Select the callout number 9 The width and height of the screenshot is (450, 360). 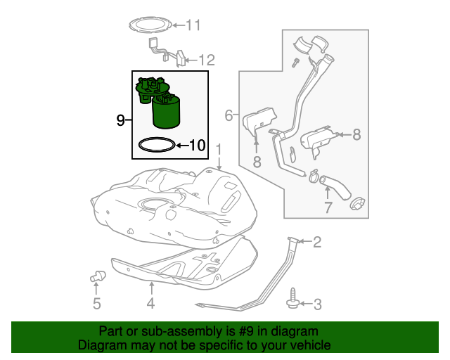pos(120,120)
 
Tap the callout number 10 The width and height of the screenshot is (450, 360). pos(197,146)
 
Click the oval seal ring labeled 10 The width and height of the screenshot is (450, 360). pos(155,146)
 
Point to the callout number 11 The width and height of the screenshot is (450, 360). pos(193,26)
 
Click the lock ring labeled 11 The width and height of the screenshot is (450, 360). pos(151,25)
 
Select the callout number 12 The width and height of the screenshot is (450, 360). pos(205,60)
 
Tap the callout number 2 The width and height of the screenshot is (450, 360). pos(316,243)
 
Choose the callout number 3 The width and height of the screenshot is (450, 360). pos(316,304)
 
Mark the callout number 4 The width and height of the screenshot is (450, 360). pos(150,304)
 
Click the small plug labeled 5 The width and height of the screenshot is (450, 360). pos(96,276)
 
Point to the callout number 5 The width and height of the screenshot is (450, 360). pos(96,304)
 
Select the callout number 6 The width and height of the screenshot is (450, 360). pos(229,115)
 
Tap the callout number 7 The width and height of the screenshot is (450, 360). pos(327,207)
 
